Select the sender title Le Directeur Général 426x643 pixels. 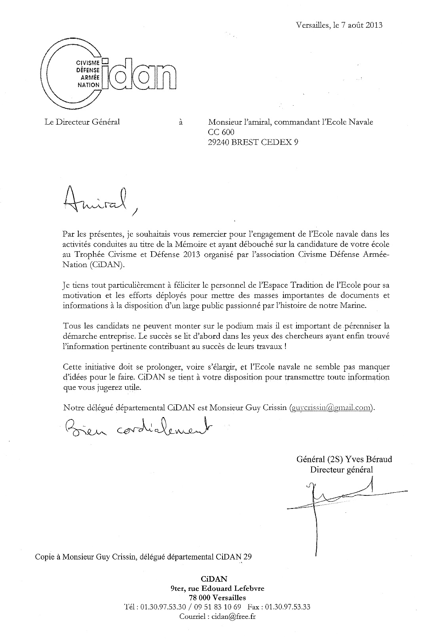click(82, 122)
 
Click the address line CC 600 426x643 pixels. click(221, 132)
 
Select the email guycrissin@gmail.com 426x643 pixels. click(331, 407)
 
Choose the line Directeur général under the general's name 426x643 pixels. click(341, 470)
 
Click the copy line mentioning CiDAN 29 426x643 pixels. click(143, 557)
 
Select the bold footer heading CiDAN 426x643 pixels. click(217, 579)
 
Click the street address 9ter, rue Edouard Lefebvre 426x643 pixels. click(217, 588)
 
